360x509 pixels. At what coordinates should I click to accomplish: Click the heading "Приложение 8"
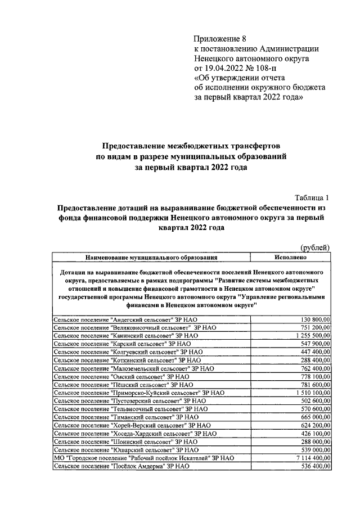pos(220,39)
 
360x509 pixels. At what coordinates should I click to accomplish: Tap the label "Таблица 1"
pos(313,197)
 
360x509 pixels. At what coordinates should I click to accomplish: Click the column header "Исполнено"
pos(290,258)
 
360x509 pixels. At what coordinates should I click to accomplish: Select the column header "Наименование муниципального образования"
pos(151,258)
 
